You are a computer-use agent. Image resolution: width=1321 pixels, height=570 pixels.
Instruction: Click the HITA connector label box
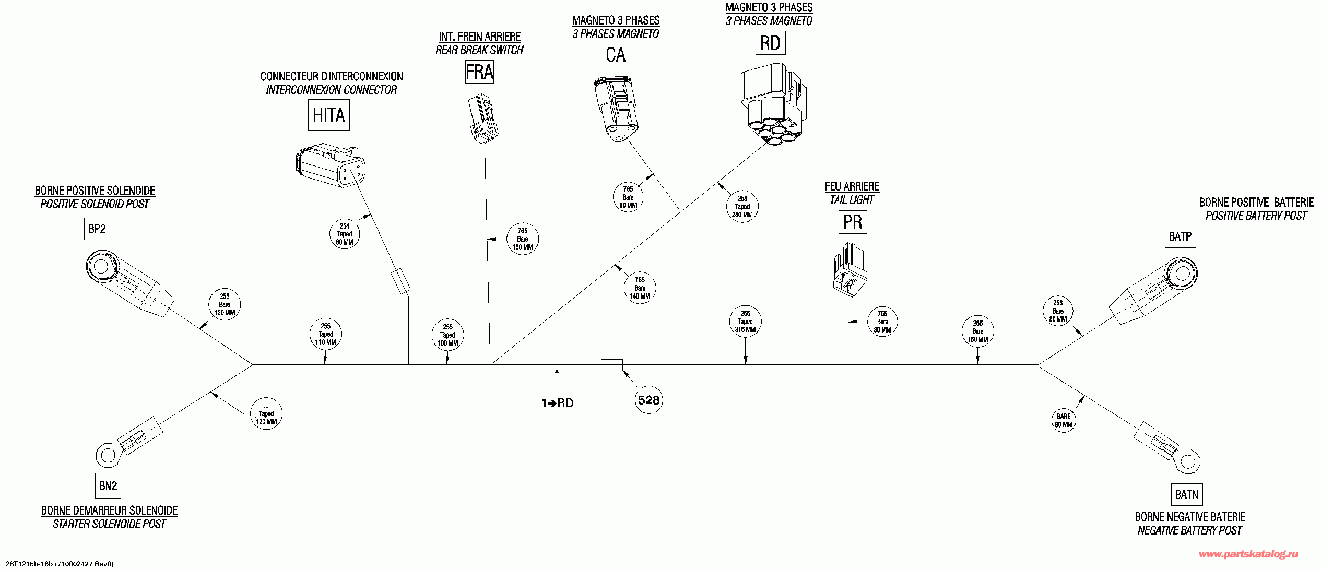[x=328, y=115]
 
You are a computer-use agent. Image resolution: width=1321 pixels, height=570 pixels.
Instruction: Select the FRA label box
[x=479, y=72]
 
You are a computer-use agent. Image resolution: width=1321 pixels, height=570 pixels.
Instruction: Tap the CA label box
[x=616, y=55]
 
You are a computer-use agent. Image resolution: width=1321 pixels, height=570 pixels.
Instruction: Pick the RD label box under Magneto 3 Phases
[x=770, y=43]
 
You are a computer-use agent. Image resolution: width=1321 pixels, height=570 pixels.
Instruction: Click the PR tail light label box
[x=853, y=222]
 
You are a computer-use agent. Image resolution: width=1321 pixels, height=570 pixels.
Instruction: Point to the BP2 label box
[x=97, y=229]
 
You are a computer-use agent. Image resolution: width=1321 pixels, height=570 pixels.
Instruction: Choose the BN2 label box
[x=108, y=486]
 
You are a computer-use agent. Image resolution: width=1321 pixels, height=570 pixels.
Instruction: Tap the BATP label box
[x=1180, y=236]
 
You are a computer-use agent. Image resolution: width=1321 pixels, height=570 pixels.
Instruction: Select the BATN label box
[x=1186, y=494]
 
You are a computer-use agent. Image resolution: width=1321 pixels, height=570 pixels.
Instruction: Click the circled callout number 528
[x=648, y=400]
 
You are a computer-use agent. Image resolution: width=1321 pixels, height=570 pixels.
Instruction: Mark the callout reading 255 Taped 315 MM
[x=745, y=322]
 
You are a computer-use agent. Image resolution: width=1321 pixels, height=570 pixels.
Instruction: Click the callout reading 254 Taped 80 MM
[x=345, y=234]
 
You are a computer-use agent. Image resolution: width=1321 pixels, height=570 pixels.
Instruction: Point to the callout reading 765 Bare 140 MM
[x=640, y=288]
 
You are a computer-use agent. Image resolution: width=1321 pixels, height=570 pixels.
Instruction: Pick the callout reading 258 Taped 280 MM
[x=742, y=207]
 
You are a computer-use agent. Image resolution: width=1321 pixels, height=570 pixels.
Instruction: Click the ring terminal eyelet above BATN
[x=1187, y=462]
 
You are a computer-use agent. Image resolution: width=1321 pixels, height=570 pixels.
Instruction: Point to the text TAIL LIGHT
[x=852, y=200]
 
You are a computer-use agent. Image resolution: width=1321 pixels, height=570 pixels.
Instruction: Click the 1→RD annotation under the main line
[x=557, y=402]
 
